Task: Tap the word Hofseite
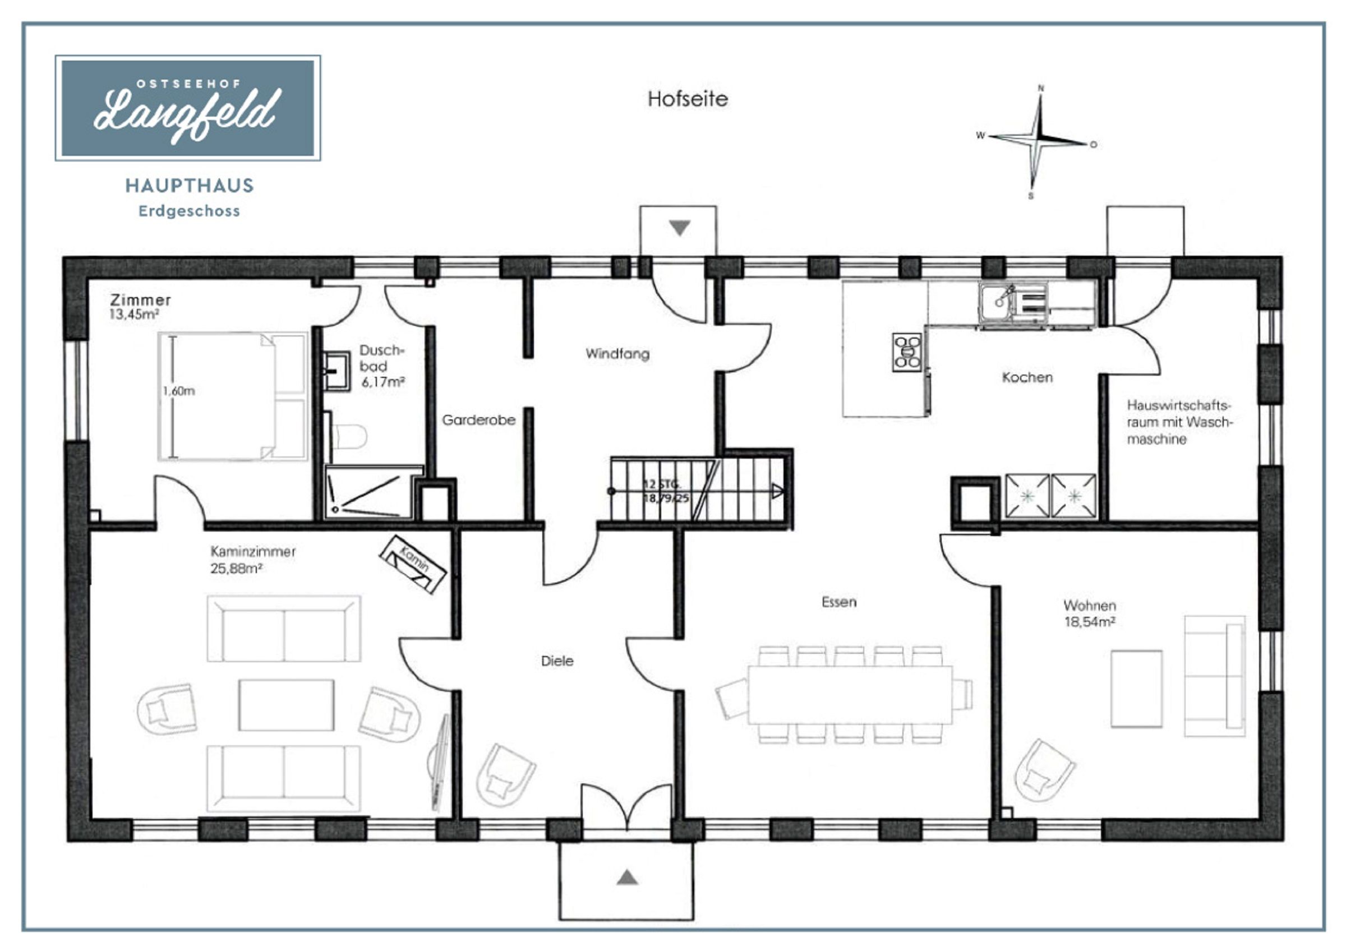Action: click(x=688, y=99)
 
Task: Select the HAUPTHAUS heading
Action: click(x=190, y=186)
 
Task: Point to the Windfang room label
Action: click(x=617, y=354)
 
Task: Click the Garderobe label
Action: click(x=478, y=420)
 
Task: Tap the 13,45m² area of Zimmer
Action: click(x=134, y=314)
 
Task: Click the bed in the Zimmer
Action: click(x=233, y=396)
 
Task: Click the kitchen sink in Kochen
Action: click(x=1013, y=303)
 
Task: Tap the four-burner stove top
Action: click(x=907, y=352)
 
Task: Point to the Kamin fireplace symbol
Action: click(x=413, y=564)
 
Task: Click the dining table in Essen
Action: click(x=850, y=695)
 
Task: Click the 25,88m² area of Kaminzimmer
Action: click(x=236, y=569)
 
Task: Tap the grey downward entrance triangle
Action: click(x=679, y=228)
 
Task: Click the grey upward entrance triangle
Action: click(x=627, y=877)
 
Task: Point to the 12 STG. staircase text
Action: click(x=661, y=484)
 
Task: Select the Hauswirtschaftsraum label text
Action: click(x=1179, y=422)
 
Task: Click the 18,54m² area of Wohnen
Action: click(x=1090, y=622)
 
